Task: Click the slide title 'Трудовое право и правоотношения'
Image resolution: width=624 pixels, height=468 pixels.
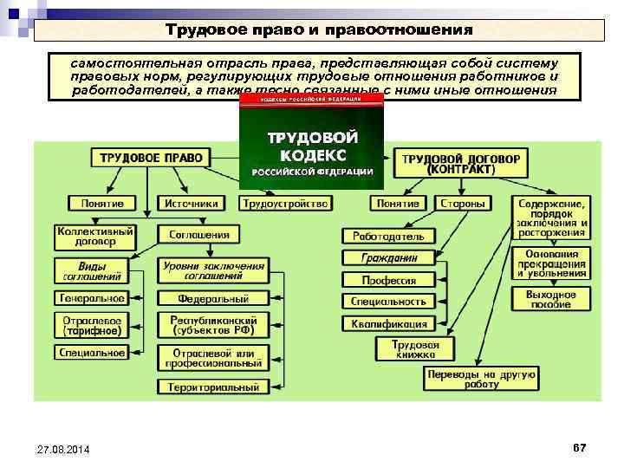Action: coord(319,30)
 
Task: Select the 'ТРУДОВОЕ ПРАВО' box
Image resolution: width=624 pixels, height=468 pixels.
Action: coord(151,159)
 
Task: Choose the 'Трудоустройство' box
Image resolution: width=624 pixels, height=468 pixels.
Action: coord(285,204)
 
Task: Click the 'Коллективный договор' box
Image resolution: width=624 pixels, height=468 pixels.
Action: coord(94,237)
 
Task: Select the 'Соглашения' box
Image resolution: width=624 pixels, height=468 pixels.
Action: coord(199,235)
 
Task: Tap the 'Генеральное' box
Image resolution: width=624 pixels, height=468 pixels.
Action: coord(92,298)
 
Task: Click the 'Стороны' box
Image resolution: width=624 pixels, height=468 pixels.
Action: coord(462,204)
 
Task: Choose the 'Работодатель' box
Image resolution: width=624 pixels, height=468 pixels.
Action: coord(387,236)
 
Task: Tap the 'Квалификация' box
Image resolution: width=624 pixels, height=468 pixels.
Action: coord(389,323)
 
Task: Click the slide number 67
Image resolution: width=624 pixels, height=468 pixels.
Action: coord(579,446)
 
